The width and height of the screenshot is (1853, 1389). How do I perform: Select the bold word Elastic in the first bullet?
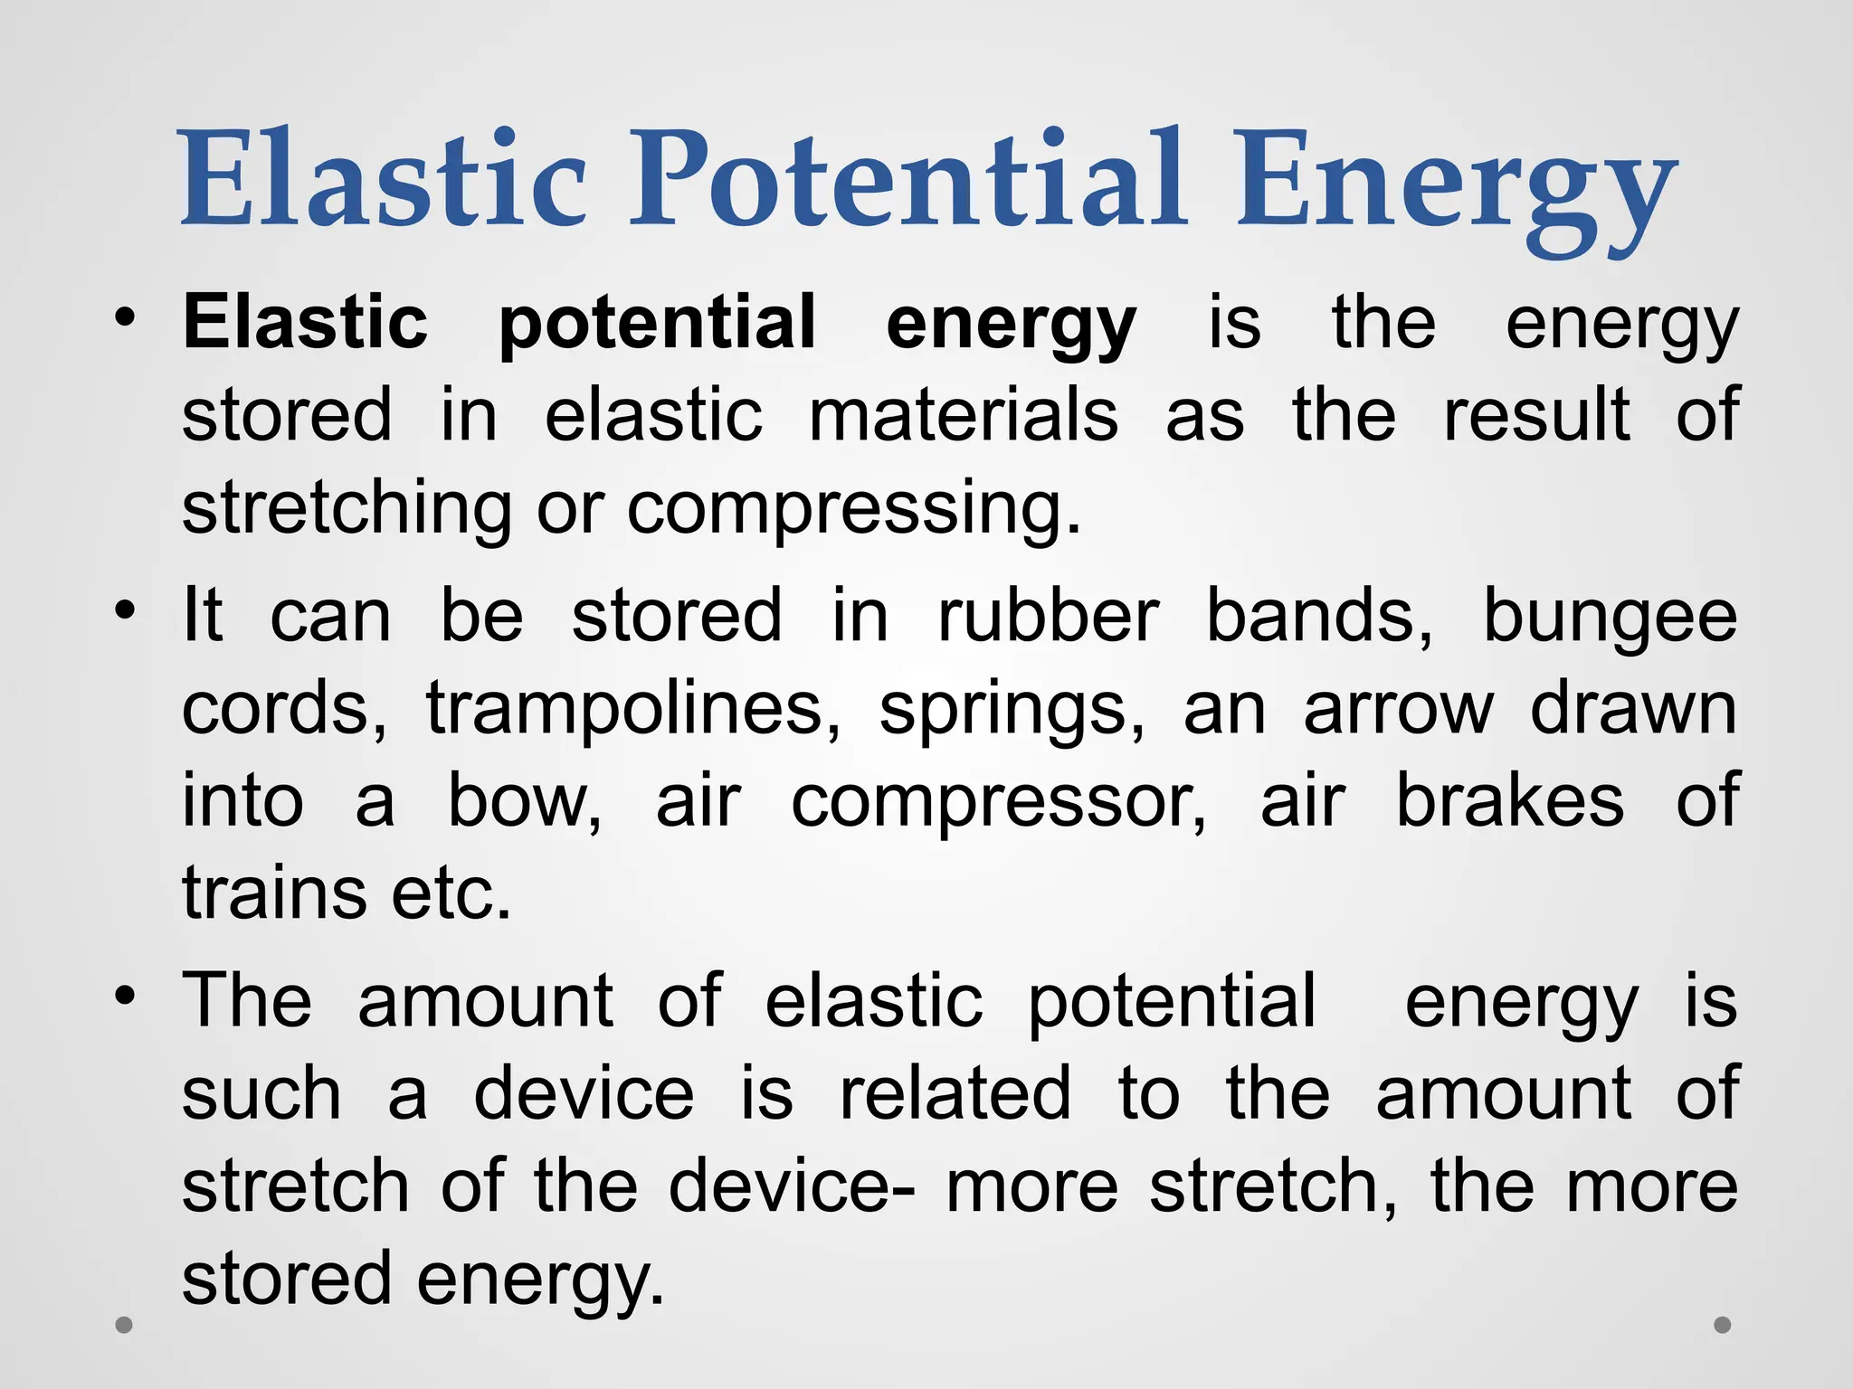point(305,323)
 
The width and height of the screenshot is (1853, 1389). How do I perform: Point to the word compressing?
point(854,509)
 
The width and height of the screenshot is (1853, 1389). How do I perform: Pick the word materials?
point(963,416)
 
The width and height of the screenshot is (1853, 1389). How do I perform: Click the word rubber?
point(1048,617)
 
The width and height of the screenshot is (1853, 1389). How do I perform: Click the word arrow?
point(1398,710)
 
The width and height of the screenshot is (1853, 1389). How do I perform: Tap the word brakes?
point(1509,800)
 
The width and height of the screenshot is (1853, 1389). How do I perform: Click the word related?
point(955,1093)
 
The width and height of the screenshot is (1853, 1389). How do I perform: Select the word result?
point(1536,416)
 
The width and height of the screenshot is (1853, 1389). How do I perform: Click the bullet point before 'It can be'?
point(125,609)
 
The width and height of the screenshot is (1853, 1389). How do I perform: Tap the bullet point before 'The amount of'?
point(125,994)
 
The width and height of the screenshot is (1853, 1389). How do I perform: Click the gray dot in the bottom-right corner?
point(1723,1325)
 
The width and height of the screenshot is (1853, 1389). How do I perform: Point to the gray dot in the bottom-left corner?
point(125,1326)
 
